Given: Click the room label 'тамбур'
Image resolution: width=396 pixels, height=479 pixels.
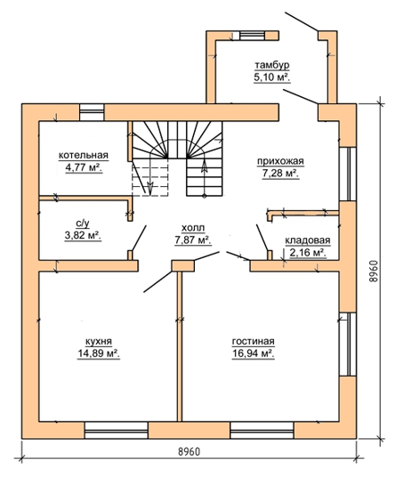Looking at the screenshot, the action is pyautogui.click(x=272, y=66).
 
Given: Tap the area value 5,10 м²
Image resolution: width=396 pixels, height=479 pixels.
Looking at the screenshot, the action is pyautogui.click(x=271, y=77).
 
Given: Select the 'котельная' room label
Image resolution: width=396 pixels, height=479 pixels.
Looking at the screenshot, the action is pyautogui.click(x=84, y=155).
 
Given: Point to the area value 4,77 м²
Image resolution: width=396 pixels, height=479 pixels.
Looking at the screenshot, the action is pyautogui.click(x=84, y=167).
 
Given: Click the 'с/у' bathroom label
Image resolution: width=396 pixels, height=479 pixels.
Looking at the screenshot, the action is pyautogui.click(x=83, y=224).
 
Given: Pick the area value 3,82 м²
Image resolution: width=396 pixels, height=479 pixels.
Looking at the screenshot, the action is pyautogui.click(x=83, y=236).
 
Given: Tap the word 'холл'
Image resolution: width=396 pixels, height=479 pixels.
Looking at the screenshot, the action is pyautogui.click(x=193, y=228).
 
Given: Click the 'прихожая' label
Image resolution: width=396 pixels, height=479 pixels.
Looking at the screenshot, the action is pyautogui.click(x=280, y=161).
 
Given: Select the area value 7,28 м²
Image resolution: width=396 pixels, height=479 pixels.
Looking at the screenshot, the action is pyautogui.click(x=280, y=174).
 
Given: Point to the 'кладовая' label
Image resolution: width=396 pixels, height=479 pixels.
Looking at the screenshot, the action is pyautogui.click(x=308, y=240).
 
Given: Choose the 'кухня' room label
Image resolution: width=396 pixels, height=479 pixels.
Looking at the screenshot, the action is pyautogui.click(x=99, y=341).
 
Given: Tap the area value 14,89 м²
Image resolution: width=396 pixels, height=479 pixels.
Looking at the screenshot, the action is pyautogui.click(x=99, y=353).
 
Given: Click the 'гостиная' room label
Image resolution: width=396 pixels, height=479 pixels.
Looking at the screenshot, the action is pyautogui.click(x=253, y=341).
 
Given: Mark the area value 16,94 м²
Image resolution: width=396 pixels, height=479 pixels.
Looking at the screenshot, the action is pyautogui.click(x=253, y=353).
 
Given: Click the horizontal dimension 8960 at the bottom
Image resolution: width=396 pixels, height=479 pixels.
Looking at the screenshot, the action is pyautogui.click(x=190, y=451).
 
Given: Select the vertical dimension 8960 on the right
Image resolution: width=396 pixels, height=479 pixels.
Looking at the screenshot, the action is pyautogui.click(x=373, y=272).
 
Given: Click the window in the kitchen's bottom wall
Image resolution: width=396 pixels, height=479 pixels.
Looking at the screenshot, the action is pyautogui.click(x=116, y=430).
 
